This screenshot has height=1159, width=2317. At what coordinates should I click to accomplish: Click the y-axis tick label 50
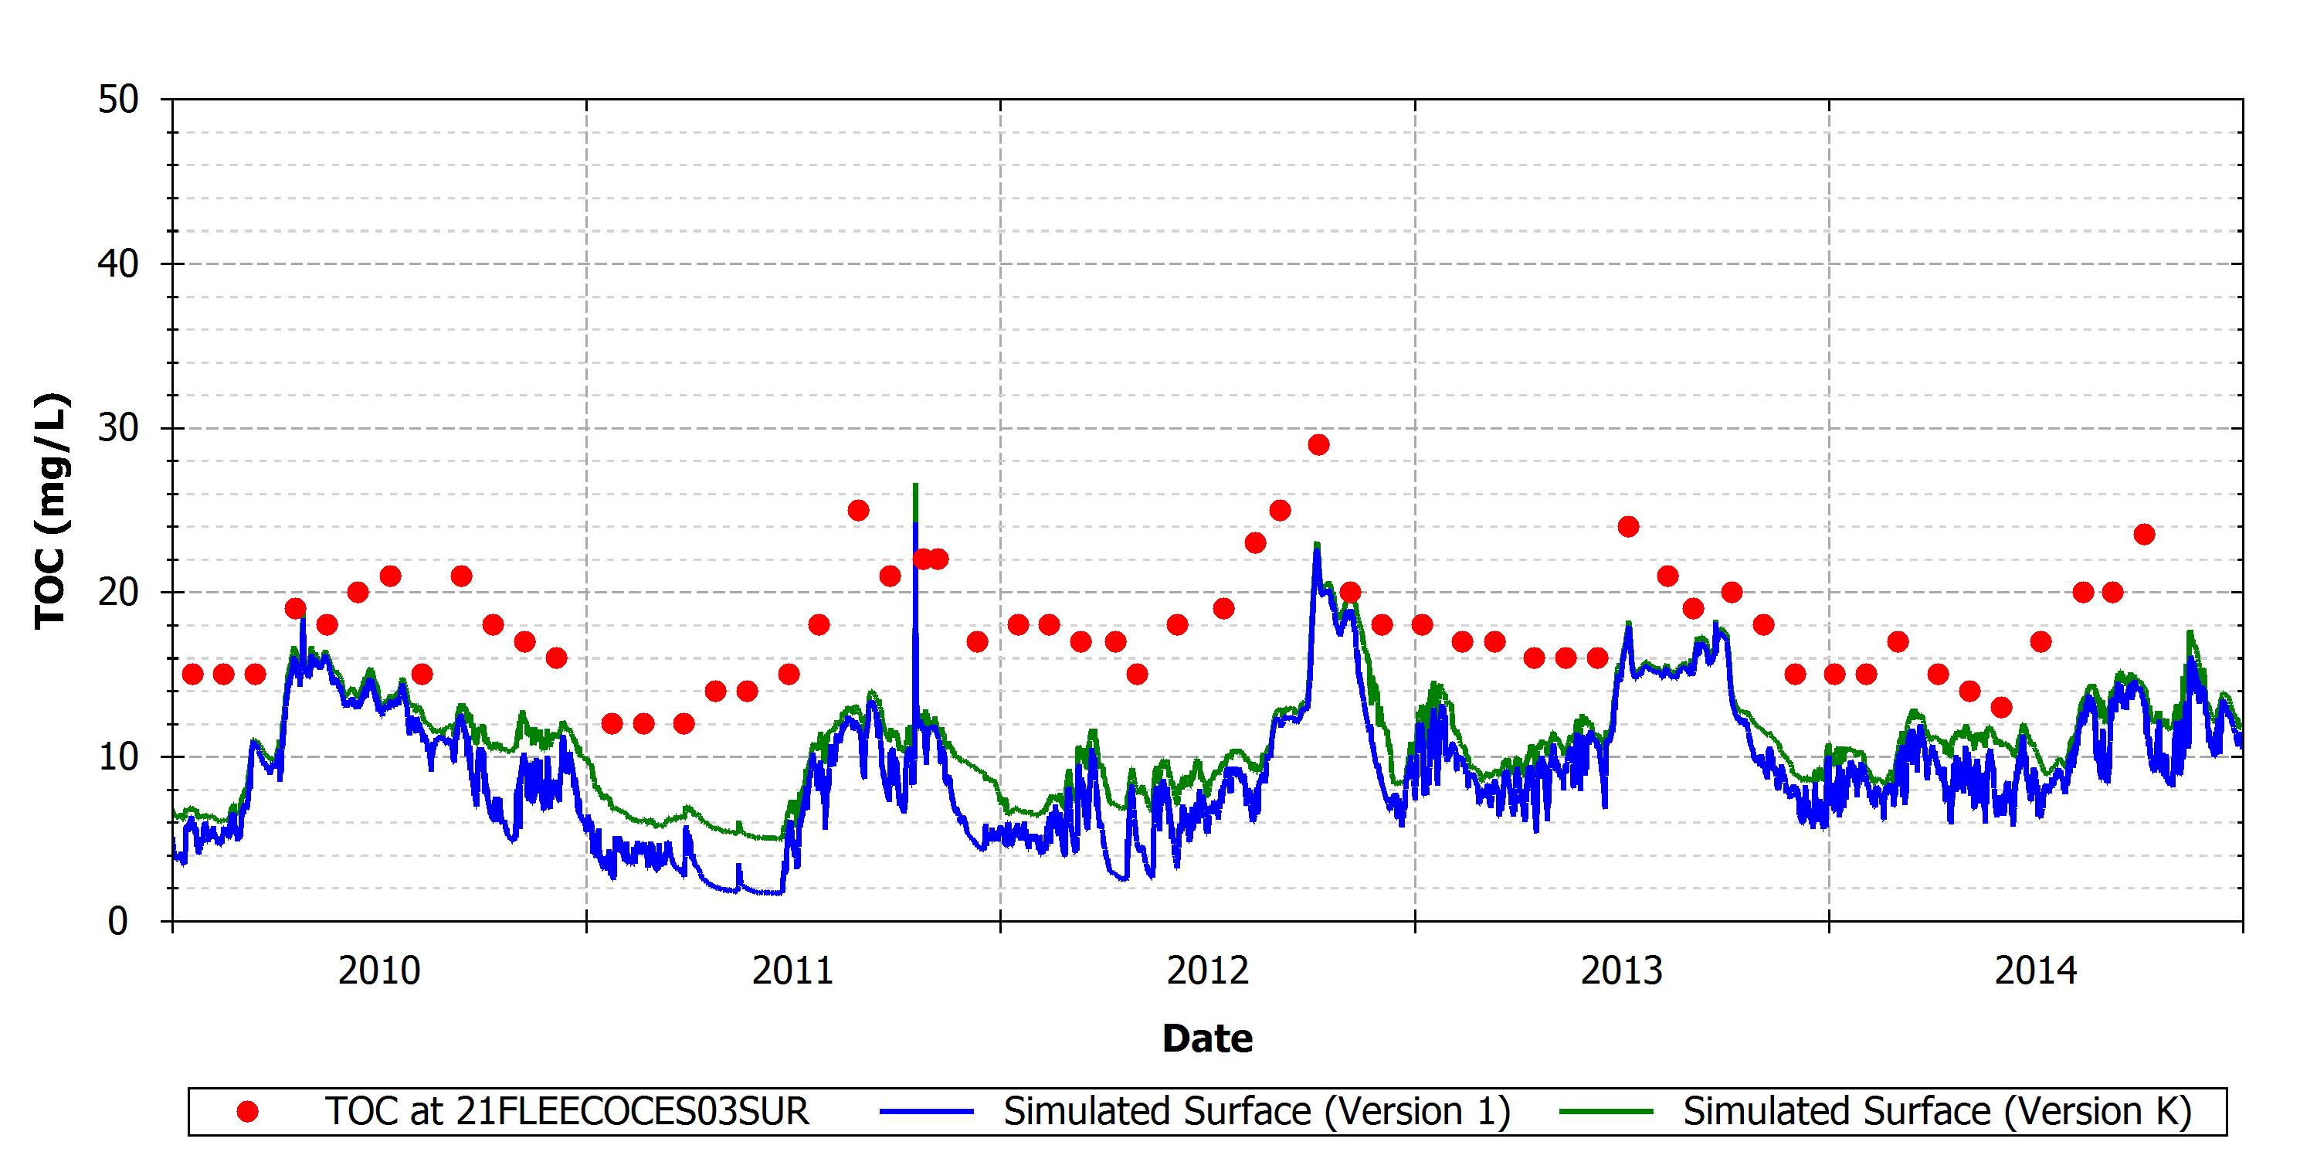[119, 99]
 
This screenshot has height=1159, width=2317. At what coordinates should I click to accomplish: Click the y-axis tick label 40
[119, 263]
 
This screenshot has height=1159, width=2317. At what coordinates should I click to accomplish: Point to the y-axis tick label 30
[119, 427]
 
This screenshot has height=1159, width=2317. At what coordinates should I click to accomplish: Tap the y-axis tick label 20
[119, 592]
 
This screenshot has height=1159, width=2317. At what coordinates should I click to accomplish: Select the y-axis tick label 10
[119, 756]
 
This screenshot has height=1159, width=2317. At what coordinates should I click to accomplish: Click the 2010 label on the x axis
[379, 971]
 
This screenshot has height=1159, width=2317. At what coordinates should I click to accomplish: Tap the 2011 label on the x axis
[793, 971]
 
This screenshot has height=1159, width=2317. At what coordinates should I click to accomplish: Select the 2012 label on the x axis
[1208, 971]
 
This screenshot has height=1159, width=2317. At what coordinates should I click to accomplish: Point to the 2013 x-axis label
[1622, 971]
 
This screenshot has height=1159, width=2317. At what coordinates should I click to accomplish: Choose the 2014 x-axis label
[2037, 971]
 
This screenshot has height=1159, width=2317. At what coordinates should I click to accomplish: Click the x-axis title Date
[1207, 1038]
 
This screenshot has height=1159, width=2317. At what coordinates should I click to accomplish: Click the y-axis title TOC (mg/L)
[51, 510]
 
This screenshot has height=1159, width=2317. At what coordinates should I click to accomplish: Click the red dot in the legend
[247, 1112]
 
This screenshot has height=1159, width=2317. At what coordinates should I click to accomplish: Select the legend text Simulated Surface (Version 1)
[1257, 1112]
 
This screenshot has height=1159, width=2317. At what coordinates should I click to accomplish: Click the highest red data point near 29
[1318, 444]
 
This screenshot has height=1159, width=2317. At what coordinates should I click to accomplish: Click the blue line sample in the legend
[927, 1112]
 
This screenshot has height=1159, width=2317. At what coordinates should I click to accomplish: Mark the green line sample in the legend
[1606, 1112]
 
